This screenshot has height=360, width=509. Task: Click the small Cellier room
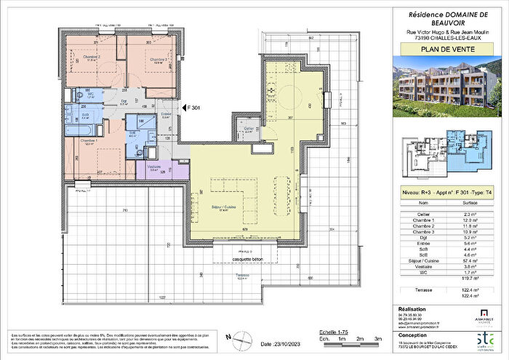coord(249,130)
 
